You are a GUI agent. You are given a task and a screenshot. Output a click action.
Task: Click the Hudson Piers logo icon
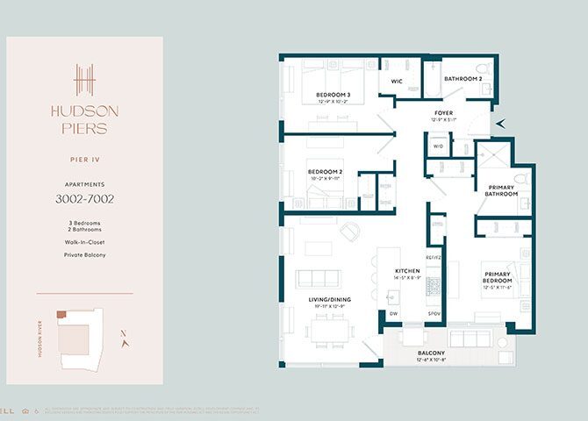(83, 81)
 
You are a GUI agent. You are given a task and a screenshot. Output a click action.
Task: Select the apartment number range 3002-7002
(84, 199)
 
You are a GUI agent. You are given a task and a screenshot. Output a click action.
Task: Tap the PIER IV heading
(84, 160)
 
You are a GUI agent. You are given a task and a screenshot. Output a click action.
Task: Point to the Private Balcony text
(84, 255)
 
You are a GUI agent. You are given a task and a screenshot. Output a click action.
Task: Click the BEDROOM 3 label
(333, 95)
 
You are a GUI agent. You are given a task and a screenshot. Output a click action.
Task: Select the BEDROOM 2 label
(325, 172)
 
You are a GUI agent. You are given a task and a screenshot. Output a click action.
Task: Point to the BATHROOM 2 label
(463, 79)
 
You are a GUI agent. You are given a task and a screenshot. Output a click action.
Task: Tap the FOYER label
(443, 113)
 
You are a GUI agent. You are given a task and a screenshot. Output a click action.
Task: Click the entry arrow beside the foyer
(500, 125)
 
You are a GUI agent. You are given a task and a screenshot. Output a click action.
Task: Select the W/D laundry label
(438, 146)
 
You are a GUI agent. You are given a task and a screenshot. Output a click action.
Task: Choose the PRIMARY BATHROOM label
(501, 190)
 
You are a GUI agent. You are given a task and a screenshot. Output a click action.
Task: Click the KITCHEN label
(408, 271)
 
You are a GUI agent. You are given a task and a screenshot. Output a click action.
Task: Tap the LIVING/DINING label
(328, 300)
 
